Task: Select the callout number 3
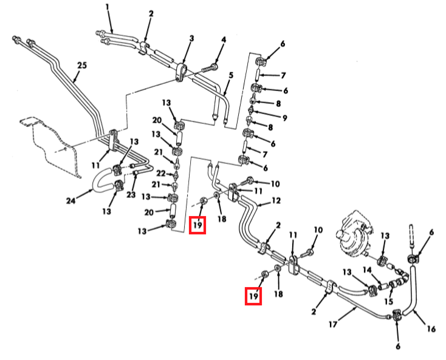[x=191, y=38]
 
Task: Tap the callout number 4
[x=223, y=40]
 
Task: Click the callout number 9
[x=284, y=118]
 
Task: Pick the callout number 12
[x=276, y=200]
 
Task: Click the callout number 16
[x=431, y=329]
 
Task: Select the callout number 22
[x=161, y=173]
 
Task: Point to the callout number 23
[x=131, y=195]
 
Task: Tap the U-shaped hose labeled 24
[x=103, y=180]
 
